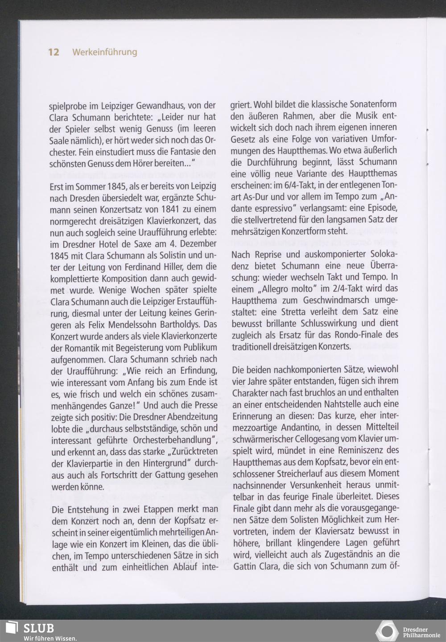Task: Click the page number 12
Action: (x=54, y=52)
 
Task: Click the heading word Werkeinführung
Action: (x=104, y=52)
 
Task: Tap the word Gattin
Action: (x=245, y=567)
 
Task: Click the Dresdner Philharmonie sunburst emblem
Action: (x=387, y=630)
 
